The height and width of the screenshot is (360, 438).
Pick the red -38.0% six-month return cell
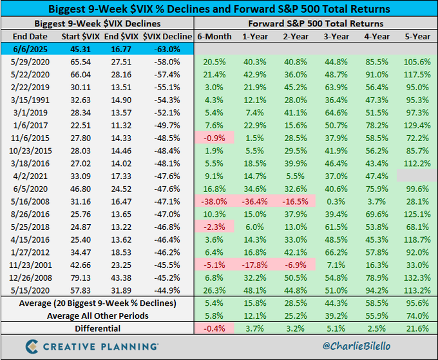[x=213, y=201]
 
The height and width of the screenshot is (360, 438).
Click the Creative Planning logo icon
[x=30, y=346]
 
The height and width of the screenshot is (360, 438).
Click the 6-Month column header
[x=213, y=36]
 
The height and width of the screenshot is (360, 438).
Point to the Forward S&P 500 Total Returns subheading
[x=316, y=24]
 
